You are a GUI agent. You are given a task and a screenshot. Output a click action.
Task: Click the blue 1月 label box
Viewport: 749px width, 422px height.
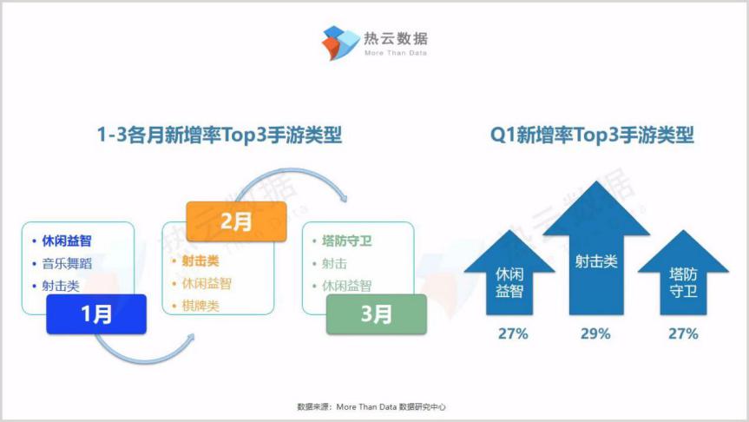pyautogui.click(x=96, y=314)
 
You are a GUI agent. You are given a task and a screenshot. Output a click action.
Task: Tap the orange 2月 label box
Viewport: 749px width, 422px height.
pyautogui.click(x=236, y=221)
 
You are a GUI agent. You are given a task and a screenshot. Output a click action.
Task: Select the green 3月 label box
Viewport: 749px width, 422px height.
pyautogui.click(x=377, y=314)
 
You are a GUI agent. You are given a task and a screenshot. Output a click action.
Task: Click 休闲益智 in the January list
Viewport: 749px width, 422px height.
pyautogui.click(x=67, y=241)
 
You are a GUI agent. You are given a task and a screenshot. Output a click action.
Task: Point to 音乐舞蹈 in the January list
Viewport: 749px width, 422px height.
pyautogui.click(x=67, y=263)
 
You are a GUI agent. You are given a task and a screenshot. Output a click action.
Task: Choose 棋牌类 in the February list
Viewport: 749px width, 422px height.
pyautogui.click(x=200, y=306)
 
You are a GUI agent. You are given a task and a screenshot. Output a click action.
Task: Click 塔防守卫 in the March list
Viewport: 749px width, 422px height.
pyautogui.click(x=347, y=241)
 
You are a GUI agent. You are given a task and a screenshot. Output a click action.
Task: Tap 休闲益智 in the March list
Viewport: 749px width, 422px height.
pyautogui.click(x=347, y=286)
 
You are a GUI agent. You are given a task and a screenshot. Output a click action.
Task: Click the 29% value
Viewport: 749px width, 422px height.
pyautogui.click(x=595, y=333)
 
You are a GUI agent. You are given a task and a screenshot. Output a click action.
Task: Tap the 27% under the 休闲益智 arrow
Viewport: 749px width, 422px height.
pyautogui.click(x=513, y=333)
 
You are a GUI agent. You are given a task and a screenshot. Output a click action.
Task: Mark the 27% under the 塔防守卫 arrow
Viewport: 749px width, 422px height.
pyautogui.click(x=683, y=333)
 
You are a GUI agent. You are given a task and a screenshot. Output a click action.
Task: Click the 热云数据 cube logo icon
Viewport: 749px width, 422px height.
pyautogui.click(x=340, y=43)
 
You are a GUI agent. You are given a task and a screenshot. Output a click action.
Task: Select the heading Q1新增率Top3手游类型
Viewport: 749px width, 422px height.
pyautogui.click(x=592, y=135)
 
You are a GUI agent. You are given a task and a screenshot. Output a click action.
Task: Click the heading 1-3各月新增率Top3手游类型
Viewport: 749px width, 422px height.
pyautogui.click(x=220, y=135)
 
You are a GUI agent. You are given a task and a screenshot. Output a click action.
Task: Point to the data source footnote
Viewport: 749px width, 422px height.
pyautogui.click(x=371, y=406)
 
